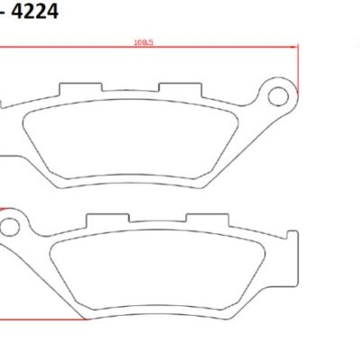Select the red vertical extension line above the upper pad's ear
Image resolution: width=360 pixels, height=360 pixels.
click(x=296, y=67)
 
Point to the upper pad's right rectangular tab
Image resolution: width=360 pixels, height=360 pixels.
click(x=171, y=91)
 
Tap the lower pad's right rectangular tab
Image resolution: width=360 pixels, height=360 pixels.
click(x=197, y=220)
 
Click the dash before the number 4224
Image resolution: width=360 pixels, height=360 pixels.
click(x=4, y=14)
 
